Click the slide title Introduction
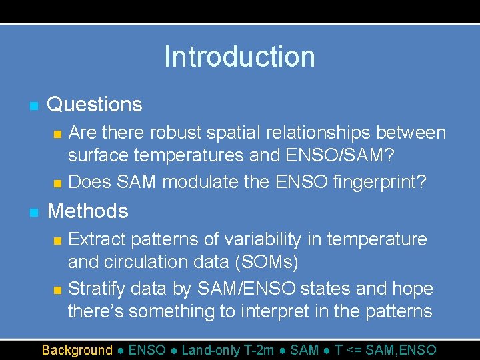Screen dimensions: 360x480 (x=239, y=57)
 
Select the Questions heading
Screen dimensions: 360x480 (x=95, y=105)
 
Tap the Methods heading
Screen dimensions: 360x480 (x=88, y=211)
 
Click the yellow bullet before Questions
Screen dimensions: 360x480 (x=33, y=106)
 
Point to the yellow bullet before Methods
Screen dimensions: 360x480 (x=33, y=213)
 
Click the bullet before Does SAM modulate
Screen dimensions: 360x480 (x=57, y=183)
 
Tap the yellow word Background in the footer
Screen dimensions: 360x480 (x=77, y=350)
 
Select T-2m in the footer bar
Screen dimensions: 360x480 (x=259, y=350)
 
